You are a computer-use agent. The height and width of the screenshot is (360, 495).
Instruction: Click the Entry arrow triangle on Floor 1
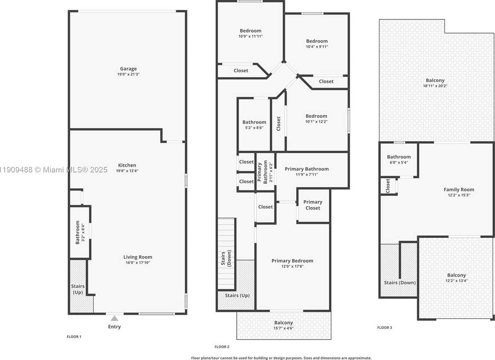114,318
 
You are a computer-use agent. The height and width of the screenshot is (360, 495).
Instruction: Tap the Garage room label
128,69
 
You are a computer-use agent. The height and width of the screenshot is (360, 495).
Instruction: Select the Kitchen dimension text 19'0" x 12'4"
127,171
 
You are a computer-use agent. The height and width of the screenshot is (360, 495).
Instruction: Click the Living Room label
138,257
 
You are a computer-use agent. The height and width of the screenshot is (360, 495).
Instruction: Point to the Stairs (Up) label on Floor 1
78,289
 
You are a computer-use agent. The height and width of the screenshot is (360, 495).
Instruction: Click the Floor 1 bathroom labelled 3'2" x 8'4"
80,232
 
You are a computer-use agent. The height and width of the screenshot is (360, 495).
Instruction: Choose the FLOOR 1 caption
74,337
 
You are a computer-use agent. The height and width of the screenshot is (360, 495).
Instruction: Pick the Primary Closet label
313,205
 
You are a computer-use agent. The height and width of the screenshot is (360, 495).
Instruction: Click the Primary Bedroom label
292,261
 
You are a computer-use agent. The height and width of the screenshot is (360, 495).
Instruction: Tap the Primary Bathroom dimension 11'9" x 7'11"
307,175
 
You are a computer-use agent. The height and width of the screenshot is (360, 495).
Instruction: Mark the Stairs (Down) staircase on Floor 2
226,255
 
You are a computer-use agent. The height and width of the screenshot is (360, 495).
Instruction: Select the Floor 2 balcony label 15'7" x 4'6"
283,325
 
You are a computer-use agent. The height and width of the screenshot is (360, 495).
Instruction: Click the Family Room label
459,189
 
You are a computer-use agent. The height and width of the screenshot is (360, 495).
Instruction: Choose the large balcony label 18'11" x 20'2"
435,83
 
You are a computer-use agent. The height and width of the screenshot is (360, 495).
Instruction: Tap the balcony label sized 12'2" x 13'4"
456,278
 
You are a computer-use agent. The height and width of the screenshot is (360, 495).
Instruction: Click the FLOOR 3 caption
385,328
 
